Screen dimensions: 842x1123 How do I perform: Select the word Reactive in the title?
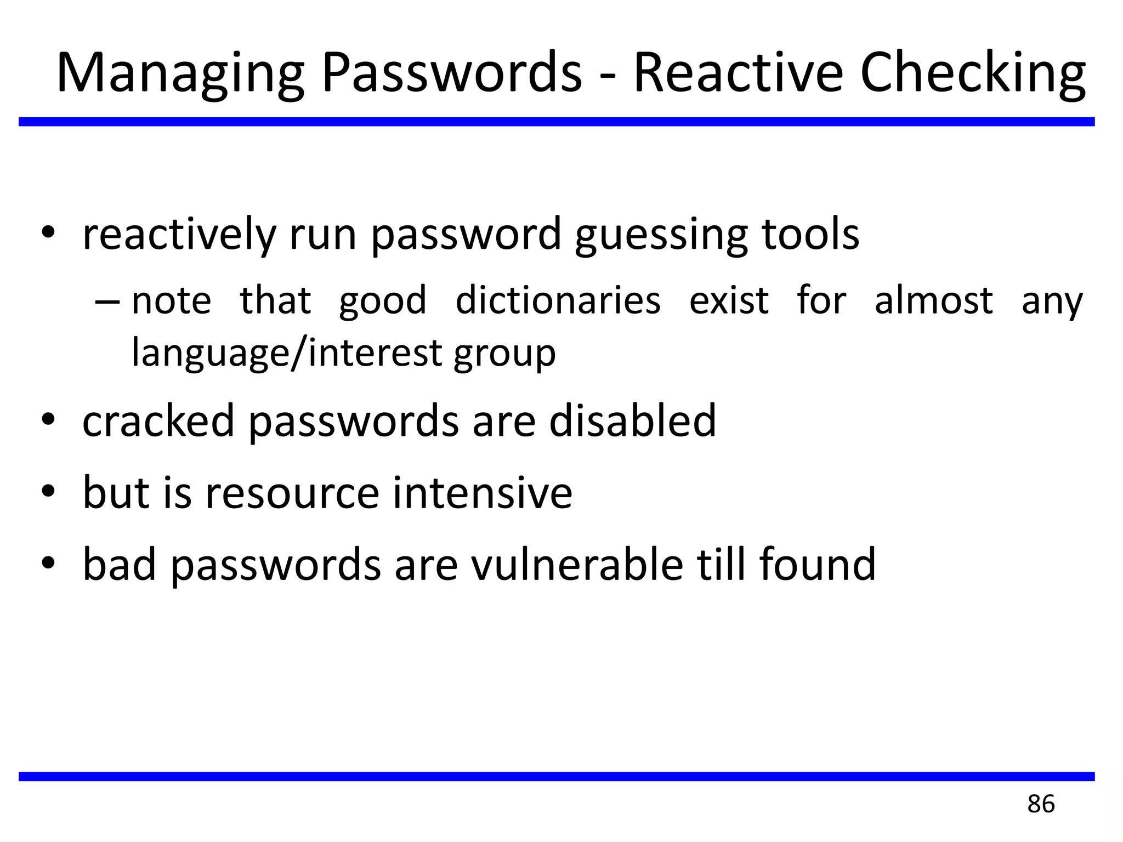pos(738,72)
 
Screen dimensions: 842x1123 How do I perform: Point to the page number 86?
pos(1041,804)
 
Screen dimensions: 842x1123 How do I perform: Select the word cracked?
pos(158,420)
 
